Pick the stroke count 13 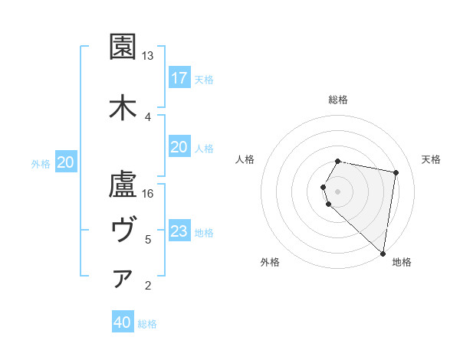tap(148, 56)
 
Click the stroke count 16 tap(148, 194)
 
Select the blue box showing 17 tap(179, 78)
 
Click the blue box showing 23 tap(179, 231)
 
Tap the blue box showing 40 tap(123, 323)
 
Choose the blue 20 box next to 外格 tap(66, 162)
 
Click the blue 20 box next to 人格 tap(179, 147)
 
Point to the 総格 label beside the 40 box tap(147, 324)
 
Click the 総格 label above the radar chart tap(338, 100)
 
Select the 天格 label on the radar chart tap(432, 159)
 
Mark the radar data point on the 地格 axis tap(383, 253)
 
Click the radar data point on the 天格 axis tap(396, 172)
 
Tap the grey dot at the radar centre tap(338, 191)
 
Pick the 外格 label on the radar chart tap(270, 262)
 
